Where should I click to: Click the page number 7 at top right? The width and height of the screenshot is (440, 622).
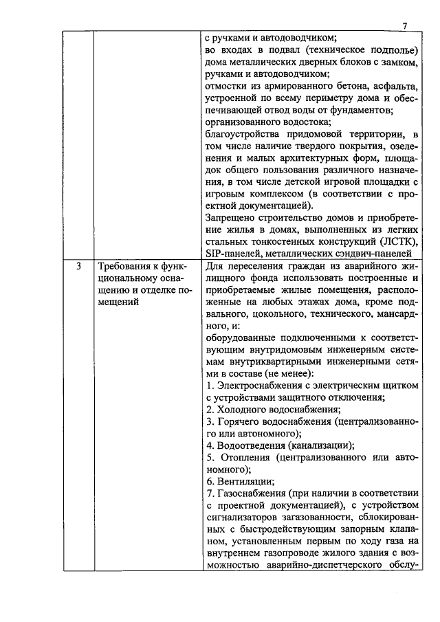point(405,26)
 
